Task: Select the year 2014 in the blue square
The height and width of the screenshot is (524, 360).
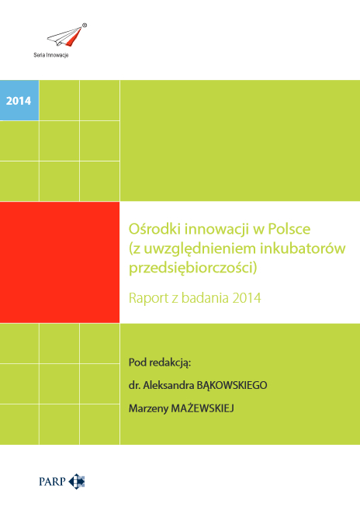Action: pyautogui.click(x=19, y=100)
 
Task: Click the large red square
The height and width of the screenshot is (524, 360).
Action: pyautogui.click(x=60, y=262)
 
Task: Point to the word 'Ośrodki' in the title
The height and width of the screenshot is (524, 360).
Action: pyautogui.click(x=151, y=230)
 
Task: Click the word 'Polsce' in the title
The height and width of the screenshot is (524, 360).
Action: pyautogui.click(x=267, y=230)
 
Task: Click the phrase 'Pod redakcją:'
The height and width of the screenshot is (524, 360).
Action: pyautogui.click(x=159, y=362)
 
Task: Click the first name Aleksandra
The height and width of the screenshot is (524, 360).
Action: pyautogui.click(x=173, y=384)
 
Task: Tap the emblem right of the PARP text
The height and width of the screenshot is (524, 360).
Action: pyautogui.click(x=77, y=482)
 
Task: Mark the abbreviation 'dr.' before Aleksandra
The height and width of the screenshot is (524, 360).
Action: pyautogui.click(x=134, y=384)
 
